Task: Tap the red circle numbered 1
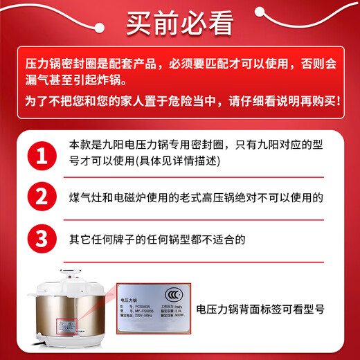tap(42, 154)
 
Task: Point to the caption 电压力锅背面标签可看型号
tap(270, 309)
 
